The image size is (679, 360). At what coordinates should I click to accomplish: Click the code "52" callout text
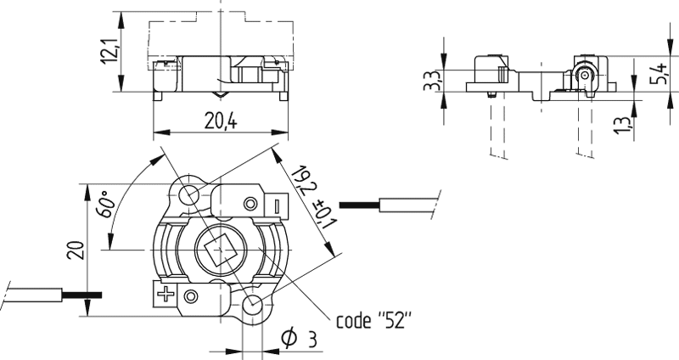(x=373, y=321)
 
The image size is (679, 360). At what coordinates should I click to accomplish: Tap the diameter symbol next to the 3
(x=289, y=339)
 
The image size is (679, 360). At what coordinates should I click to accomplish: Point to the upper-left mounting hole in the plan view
(x=188, y=194)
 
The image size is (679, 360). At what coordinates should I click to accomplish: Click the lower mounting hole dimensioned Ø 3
(x=252, y=305)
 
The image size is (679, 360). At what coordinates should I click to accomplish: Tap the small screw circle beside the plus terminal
(x=192, y=295)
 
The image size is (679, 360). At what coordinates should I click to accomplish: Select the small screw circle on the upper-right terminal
(x=250, y=204)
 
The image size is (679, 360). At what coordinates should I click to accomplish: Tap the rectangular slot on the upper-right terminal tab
(x=278, y=206)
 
